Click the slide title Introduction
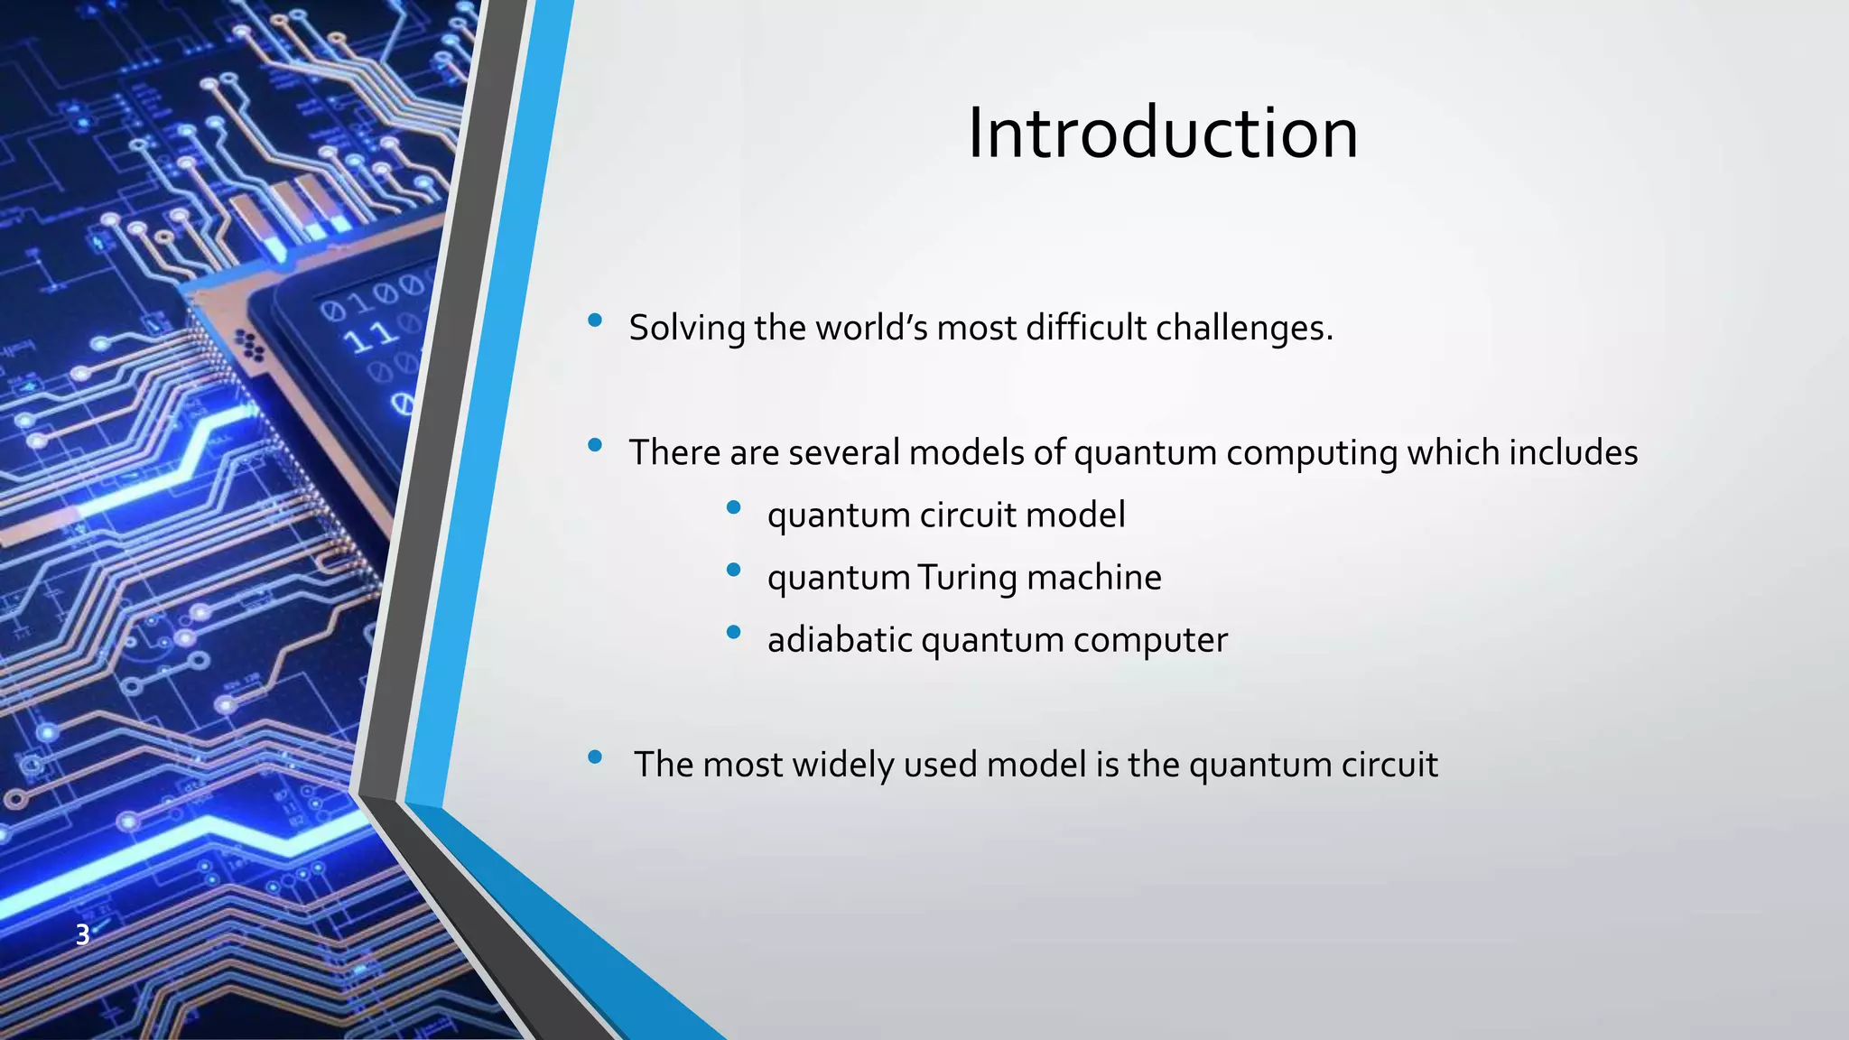tap(1163, 134)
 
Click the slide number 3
tap(82, 935)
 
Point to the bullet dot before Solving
tap(594, 320)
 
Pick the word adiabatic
tap(840, 640)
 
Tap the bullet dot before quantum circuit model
tap(733, 507)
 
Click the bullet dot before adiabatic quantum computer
tap(733, 633)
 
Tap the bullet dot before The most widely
tap(594, 757)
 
